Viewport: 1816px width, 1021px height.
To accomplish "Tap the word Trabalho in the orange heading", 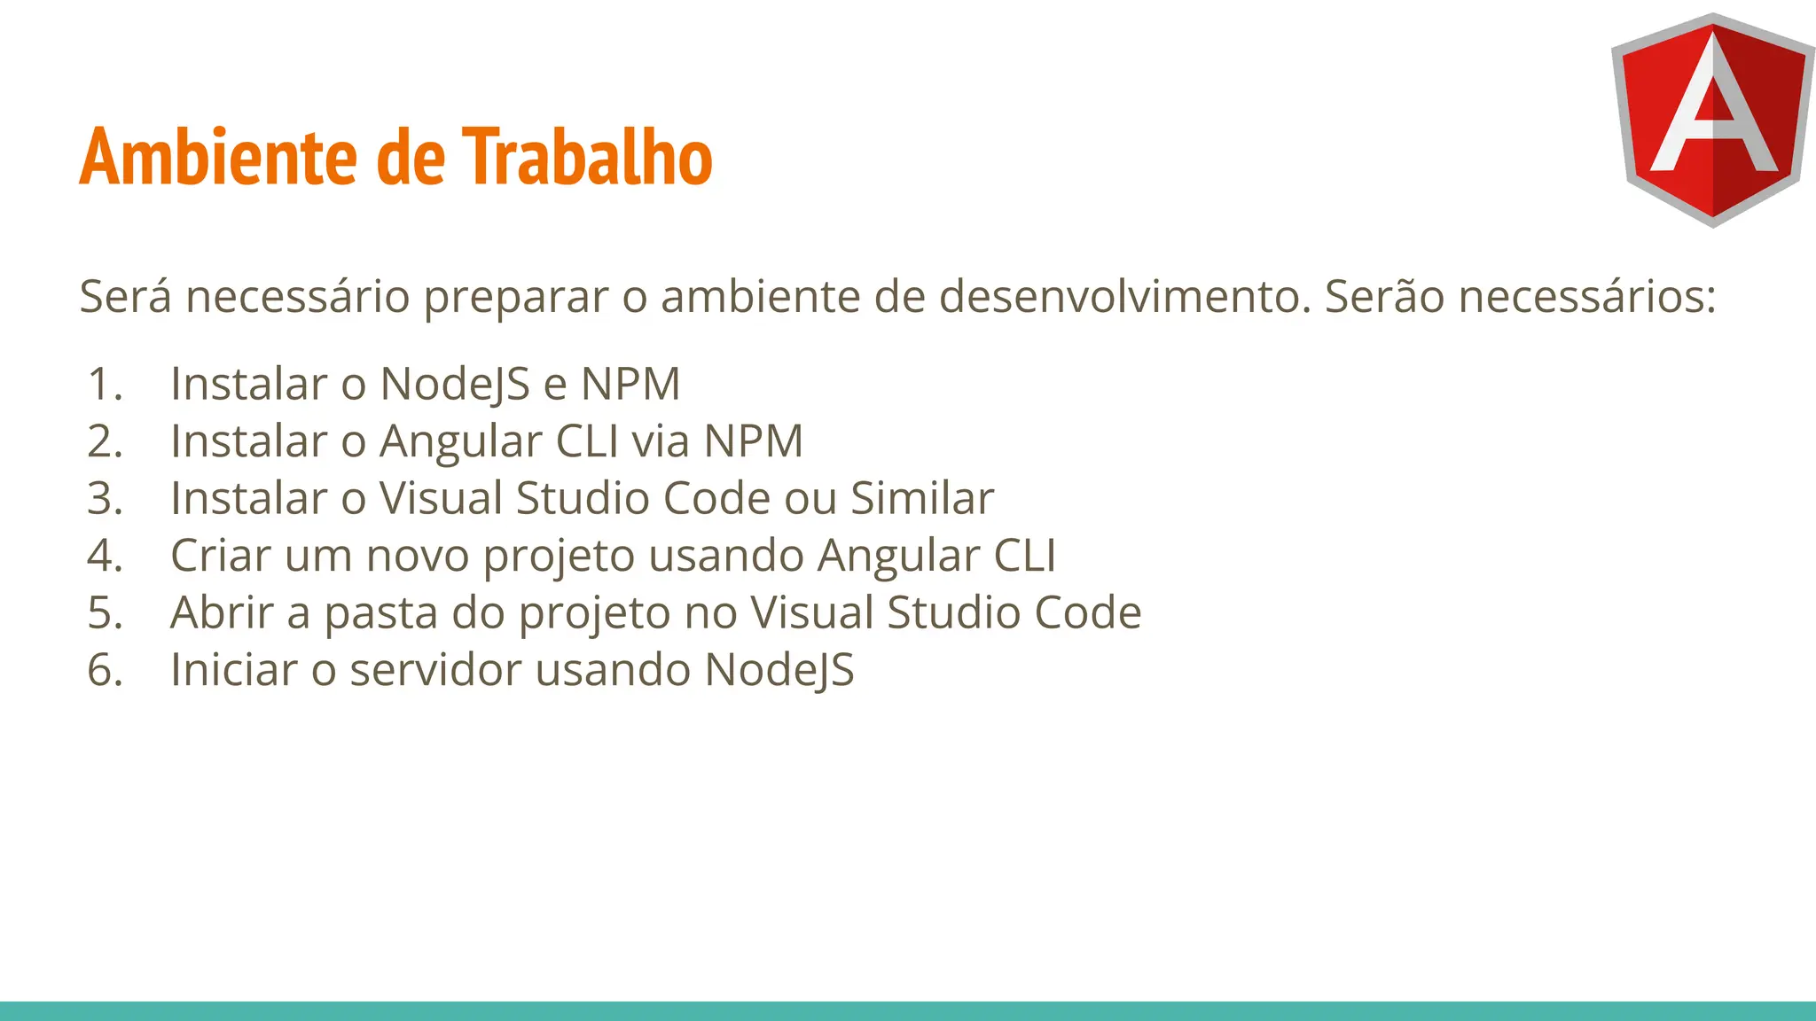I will point(590,157).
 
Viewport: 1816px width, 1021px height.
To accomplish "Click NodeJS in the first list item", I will point(456,385).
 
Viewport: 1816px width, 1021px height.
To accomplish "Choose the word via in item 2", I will point(660,441).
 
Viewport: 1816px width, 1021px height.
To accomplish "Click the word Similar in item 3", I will point(922,498).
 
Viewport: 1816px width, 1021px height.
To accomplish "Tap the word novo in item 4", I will point(417,556).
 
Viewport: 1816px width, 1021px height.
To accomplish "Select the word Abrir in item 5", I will point(222,612).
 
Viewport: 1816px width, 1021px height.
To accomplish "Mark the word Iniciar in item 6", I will point(233,670).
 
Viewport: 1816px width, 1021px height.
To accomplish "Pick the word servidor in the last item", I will point(435,670).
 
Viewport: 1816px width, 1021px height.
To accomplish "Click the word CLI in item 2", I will point(586,441).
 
